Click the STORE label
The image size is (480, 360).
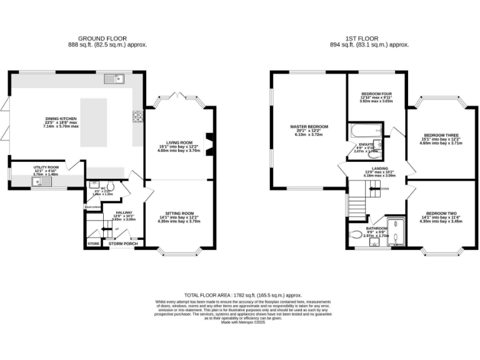[93, 244]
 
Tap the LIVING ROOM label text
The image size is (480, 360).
[179, 142]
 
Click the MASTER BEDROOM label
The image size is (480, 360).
[309, 127]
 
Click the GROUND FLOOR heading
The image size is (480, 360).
[96, 39]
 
